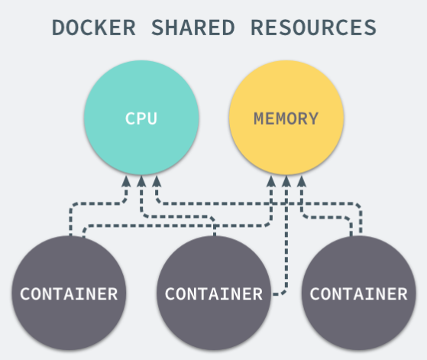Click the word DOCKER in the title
pos(94,28)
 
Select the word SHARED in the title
pos(192,28)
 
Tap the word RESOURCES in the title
pos(313,28)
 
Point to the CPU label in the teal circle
pos(141,118)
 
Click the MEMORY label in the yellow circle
pos(286,118)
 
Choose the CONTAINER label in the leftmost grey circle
pos(69,294)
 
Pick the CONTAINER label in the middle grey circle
pos(214,294)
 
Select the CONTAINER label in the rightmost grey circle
pos(359,294)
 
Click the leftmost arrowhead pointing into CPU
pos(126,181)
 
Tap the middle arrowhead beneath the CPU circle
pos(141,181)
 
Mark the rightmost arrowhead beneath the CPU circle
pos(157,181)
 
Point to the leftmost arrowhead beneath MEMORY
pos(271,181)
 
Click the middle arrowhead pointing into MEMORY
pos(286,181)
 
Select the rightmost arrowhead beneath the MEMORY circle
pos(302,181)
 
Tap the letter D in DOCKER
pos(58,28)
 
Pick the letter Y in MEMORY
pos(313,118)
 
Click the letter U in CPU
pos(152,118)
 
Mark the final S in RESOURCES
pos(370,28)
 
